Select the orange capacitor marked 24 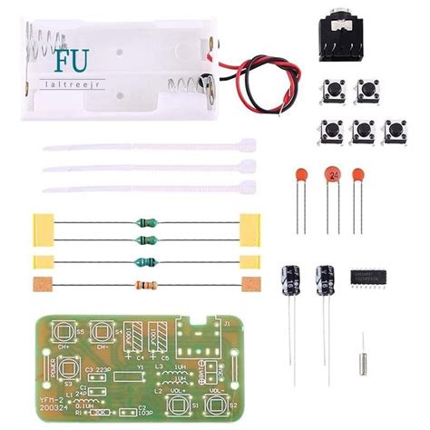click(335, 174)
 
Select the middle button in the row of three click(364, 131)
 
